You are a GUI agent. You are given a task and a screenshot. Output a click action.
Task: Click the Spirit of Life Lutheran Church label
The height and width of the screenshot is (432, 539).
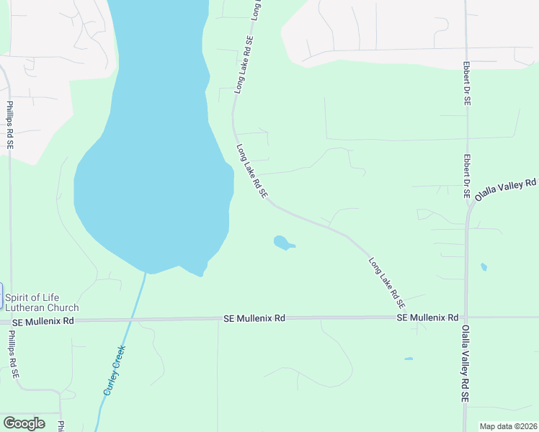click(42, 302)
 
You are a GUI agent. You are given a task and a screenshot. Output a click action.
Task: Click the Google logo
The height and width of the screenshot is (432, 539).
click(24, 423)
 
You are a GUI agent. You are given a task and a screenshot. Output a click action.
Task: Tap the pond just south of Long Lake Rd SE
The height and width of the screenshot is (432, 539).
click(282, 243)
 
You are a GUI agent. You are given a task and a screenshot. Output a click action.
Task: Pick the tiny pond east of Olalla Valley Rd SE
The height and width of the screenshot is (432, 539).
click(484, 267)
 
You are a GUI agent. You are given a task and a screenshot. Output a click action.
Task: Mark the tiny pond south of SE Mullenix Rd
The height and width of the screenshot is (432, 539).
click(409, 359)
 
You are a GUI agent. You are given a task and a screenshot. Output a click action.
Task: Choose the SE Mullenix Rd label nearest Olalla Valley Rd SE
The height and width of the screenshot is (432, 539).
click(427, 318)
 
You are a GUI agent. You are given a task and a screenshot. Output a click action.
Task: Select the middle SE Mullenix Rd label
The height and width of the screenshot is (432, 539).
click(254, 318)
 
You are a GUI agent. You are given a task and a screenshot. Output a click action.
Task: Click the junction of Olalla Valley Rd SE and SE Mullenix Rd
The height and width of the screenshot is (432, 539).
click(465, 317)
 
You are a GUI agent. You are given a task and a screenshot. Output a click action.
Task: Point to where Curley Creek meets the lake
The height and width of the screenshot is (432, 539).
click(146, 274)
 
